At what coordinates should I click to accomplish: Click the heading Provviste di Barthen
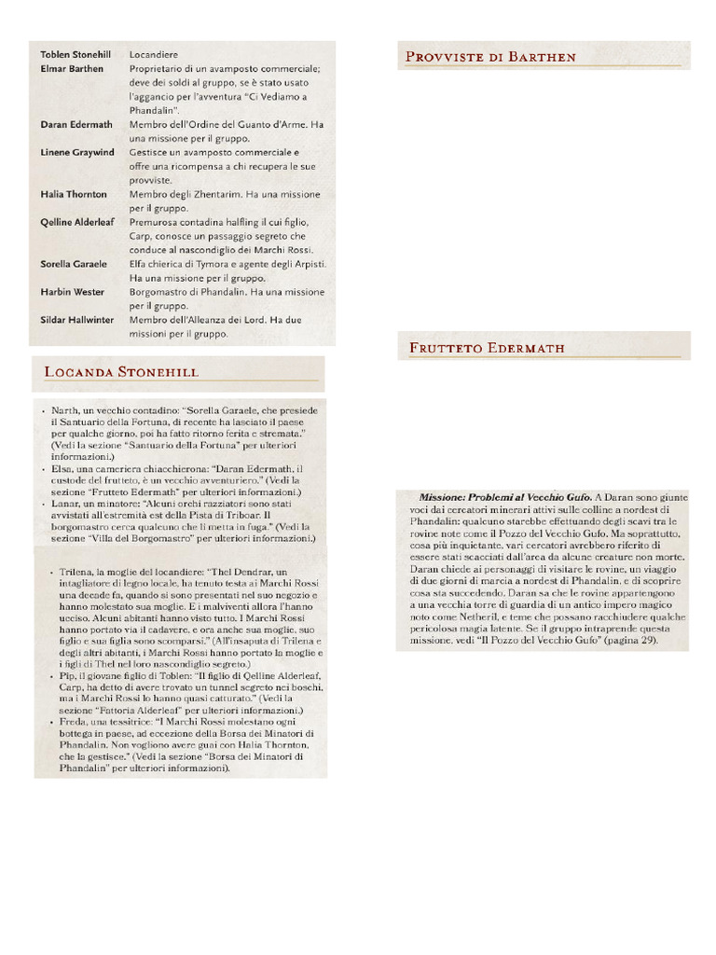click(490, 57)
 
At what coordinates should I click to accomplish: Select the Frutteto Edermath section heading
click(487, 348)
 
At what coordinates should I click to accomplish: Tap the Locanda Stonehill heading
click(121, 372)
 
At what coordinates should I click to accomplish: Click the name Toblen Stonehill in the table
click(76, 54)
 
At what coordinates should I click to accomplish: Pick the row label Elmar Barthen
click(72, 68)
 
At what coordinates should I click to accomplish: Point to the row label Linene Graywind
click(77, 152)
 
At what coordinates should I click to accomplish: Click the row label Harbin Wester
click(73, 292)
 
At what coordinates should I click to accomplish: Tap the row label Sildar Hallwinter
click(77, 320)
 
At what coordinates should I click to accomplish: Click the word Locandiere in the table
click(154, 54)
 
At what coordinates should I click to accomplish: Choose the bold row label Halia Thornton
click(74, 194)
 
